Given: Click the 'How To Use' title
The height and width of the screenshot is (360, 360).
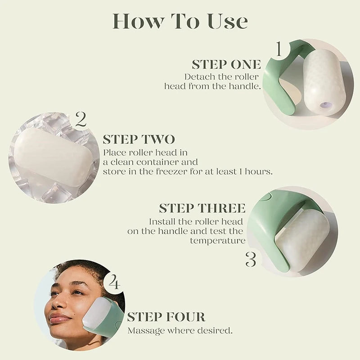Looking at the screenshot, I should [x=180, y=21].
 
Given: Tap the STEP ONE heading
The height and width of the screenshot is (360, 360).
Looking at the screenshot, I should [x=226, y=64].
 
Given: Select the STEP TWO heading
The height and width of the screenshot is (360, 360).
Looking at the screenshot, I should [x=139, y=139].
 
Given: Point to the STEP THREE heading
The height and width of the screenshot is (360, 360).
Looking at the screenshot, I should [x=202, y=208].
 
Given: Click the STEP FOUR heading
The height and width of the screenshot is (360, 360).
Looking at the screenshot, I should [x=166, y=317].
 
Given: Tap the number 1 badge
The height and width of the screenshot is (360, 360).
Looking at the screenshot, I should [x=279, y=49].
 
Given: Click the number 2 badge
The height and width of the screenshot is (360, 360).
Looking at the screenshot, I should [x=81, y=120].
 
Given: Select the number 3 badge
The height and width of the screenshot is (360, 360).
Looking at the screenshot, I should [x=251, y=260].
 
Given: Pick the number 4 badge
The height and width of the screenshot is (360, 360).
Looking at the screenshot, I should [x=114, y=283].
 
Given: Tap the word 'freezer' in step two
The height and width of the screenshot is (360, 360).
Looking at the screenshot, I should [x=173, y=171].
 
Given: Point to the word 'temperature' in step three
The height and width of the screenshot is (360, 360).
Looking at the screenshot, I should [x=217, y=241].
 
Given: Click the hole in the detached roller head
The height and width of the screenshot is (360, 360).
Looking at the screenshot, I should [x=324, y=106].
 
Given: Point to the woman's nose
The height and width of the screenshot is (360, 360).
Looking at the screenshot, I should [x=57, y=302].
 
